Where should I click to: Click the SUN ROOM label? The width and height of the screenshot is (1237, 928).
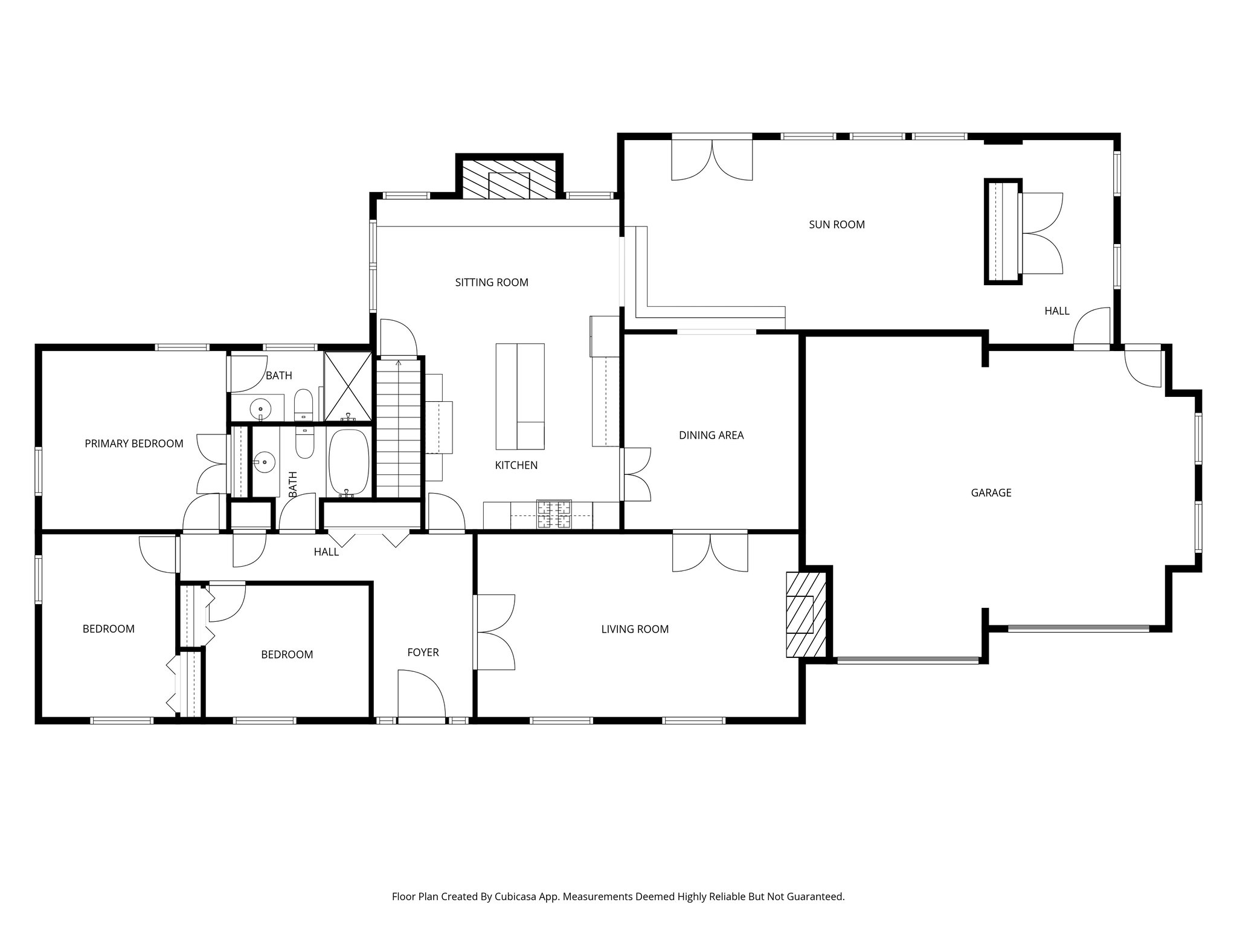837,225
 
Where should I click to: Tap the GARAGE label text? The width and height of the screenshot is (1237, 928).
991,493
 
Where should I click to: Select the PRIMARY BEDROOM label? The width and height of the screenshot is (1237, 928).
133,444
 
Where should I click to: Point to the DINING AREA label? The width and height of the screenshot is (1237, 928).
711,436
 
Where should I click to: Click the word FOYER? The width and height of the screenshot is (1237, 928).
423,652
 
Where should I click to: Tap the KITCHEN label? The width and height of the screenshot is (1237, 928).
516,465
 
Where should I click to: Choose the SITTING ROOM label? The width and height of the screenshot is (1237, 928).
491,283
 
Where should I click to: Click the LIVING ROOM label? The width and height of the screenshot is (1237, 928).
635,630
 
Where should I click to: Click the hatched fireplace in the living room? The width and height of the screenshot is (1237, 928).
805,614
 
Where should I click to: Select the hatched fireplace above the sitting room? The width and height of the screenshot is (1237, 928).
509,179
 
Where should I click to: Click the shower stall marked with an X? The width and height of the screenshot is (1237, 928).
348,386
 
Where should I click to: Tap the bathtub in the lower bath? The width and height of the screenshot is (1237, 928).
349,462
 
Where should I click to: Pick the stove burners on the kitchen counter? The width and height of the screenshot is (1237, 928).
554,515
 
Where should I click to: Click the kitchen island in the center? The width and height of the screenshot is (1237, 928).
519,396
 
